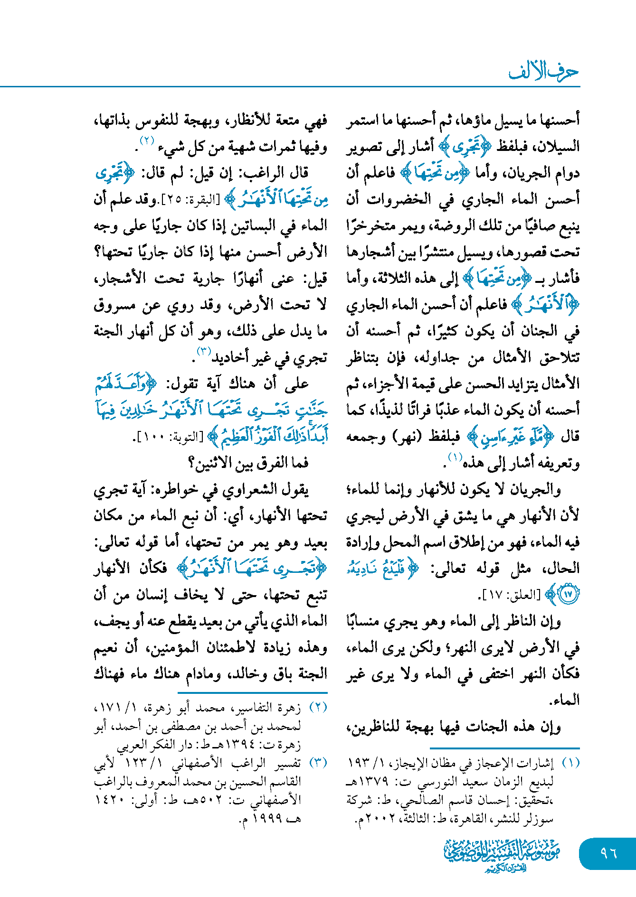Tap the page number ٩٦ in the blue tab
click(x=608, y=853)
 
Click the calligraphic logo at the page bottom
click(x=502, y=855)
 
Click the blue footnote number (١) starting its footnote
click(x=570, y=763)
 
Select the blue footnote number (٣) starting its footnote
click(x=318, y=763)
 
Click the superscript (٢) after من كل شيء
click(x=146, y=140)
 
